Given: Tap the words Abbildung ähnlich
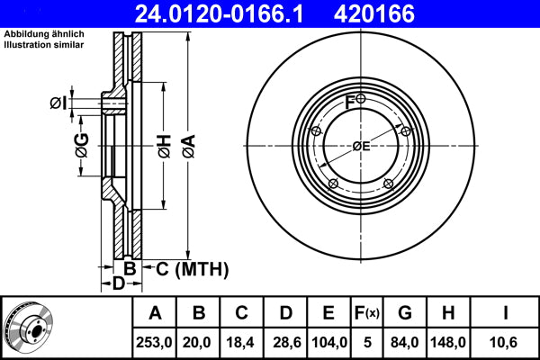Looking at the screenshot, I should tap(41, 34).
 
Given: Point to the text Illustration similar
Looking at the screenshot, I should tap(41, 44).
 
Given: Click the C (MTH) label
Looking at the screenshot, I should tap(186, 269).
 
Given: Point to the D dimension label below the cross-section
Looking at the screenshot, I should tap(118, 284).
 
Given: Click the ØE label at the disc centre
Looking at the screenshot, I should tap(361, 146).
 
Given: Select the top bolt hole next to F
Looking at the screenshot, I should tap(361, 99).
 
